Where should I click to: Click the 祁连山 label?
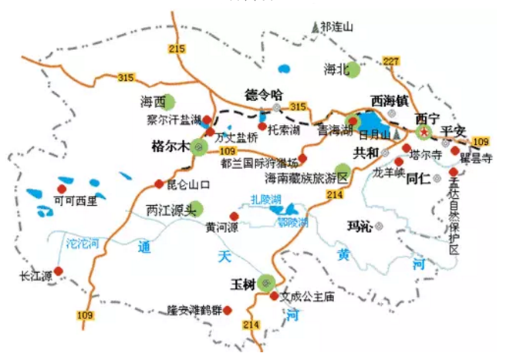337,26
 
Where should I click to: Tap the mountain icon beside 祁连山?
315,27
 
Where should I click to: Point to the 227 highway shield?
391,61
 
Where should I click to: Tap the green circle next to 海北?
356,69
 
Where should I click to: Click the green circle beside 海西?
170,101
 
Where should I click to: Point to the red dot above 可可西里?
62,187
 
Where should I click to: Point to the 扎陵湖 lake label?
265,200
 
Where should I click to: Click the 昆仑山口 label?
188,184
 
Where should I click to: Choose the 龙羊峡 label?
388,172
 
